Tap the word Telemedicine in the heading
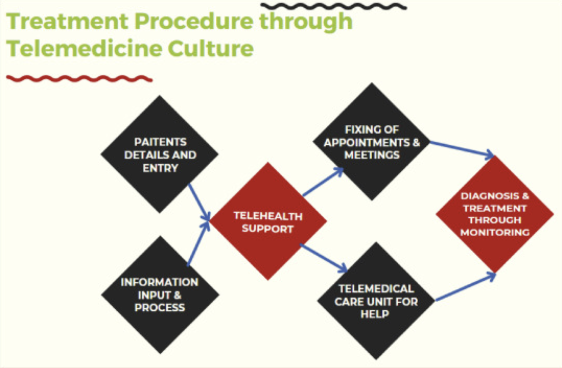pyautogui.click(x=84, y=48)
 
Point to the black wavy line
pyautogui.click(x=334, y=6)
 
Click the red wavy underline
pyautogui.click(x=79, y=79)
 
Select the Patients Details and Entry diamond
pyautogui.click(x=159, y=154)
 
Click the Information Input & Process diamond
pyautogui.click(x=160, y=295)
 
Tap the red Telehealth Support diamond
pyautogui.click(x=268, y=221)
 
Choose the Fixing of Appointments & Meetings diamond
pyautogui.click(x=372, y=142)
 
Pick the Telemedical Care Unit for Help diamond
pyautogui.click(x=376, y=301)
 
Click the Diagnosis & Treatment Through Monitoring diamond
pyautogui.click(x=495, y=214)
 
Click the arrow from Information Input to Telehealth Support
pyautogui.click(x=198, y=243)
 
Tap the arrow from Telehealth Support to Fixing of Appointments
pyautogui.click(x=323, y=182)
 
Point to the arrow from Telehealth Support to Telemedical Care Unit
pyautogui.click(x=324, y=258)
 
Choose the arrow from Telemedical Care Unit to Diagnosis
pyautogui.click(x=466, y=288)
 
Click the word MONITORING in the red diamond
pyautogui.click(x=495, y=232)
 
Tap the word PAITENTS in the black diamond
pyautogui.click(x=160, y=142)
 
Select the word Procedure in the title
pyautogui.click(x=194, y=21)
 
